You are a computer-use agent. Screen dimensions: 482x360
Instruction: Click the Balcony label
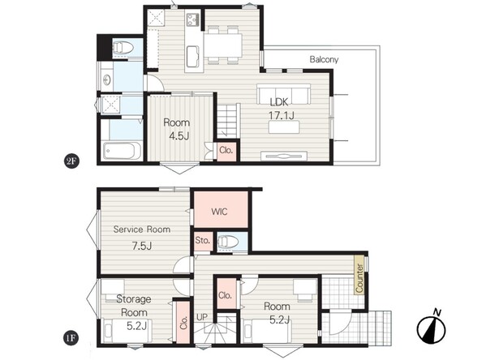(x=324, y=59)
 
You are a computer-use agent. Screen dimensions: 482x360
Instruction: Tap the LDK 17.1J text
(x=281, y=109)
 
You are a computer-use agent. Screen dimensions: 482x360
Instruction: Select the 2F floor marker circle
(x=71, y=161)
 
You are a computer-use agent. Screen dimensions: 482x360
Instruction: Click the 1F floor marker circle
(x=71, y=338)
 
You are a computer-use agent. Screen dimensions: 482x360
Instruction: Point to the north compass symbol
(x=432, y=328)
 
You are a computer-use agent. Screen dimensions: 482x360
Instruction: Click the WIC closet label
(x=219, y=212)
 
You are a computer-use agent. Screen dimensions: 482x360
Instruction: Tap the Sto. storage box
(x=203, y=241)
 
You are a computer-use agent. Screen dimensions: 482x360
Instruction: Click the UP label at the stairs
(x=202, y=317)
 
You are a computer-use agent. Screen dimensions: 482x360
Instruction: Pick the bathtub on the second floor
(x=122, y=151)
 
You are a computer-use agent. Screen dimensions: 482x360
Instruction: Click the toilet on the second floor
(x=123, y=48)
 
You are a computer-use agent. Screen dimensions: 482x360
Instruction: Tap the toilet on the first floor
(x=228, y=242)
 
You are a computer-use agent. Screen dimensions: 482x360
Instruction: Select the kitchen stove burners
(x=193, y=19)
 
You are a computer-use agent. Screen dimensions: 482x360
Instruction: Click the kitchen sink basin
(x=193, y=57)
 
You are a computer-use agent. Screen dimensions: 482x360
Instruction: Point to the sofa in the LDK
(x=283, y=94)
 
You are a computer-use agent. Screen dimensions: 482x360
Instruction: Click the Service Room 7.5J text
(x=142, y=238)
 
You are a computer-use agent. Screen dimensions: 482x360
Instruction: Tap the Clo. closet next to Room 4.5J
(x=226, y=151)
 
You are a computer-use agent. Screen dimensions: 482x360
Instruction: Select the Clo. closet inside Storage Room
(x=183, y=323)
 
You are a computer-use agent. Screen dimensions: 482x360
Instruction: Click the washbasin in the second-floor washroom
(x=107, y=79)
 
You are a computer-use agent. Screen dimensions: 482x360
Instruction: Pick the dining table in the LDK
(x=223, y=45)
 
